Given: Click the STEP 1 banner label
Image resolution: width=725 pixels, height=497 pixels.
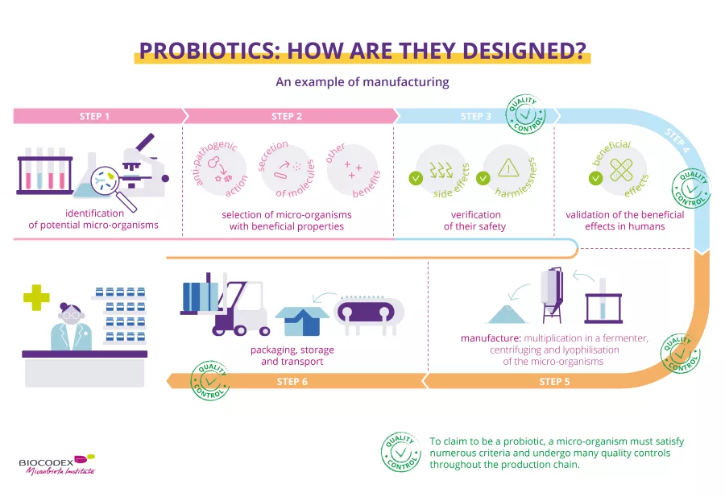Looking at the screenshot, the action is click(94, 117).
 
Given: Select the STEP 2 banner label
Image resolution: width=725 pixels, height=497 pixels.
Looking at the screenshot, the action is click(287, 117).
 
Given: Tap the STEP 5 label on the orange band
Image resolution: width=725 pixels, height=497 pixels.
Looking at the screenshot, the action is click(554, 382).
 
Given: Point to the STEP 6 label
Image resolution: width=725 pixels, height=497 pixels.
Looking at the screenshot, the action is click(292, 382).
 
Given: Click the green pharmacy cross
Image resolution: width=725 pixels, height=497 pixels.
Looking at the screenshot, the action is click(36, 297).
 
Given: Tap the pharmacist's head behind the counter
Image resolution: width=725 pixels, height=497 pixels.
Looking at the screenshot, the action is click(71, 313).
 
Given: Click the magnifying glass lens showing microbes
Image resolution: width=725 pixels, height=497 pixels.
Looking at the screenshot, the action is click(105, 180).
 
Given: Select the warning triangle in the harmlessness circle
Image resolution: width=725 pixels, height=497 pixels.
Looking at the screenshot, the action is click(508, 168).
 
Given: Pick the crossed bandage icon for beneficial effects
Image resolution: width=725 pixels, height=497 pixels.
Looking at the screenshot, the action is click(621, 170).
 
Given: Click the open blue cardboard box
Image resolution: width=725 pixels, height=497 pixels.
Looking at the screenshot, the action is click(302, 321).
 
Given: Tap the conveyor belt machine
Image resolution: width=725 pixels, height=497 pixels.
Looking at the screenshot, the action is click(370, 314).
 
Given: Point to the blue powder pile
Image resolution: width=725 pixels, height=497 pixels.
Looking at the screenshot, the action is click(507, 314).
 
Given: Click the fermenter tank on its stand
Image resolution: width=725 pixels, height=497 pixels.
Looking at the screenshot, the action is click(552, 295).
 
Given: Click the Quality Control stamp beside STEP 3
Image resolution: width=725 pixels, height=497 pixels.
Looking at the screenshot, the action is click(525, 114).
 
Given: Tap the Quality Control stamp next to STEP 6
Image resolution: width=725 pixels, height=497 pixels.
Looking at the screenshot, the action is click(210, 380).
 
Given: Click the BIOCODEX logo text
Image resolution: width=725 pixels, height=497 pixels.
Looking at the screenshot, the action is click(46, 462).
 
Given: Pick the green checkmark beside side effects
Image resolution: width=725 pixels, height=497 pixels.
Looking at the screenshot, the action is click(416, 178).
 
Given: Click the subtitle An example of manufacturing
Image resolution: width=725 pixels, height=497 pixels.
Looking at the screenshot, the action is click(362, 82).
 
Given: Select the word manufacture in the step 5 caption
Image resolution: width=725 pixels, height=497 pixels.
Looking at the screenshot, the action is click(491, 338).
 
